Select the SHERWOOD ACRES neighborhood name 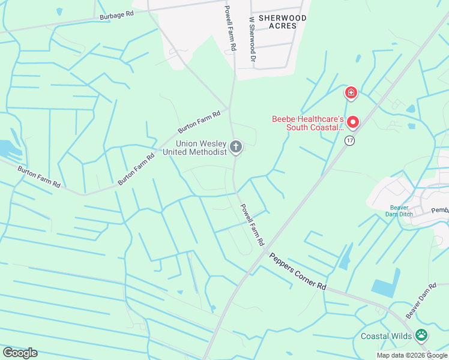[x=282, y=22]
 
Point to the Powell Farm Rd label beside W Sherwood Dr [x=228, y=29]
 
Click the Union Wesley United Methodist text [x=195, y=148]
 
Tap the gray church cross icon [x=237, y=146]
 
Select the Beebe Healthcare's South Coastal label [x=307, y=123]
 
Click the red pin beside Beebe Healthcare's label [x=352, y=122]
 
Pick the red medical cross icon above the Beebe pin [x=351, y=93]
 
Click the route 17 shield [x=349, y=140]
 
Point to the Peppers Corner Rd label [x=297, y=271]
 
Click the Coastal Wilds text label [x=387, y=336]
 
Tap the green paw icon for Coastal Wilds [x=423, y=335]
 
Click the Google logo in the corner [x=20, y=352]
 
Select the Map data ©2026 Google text [x=412, y=355]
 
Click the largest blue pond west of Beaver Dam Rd [x=386, y=283]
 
